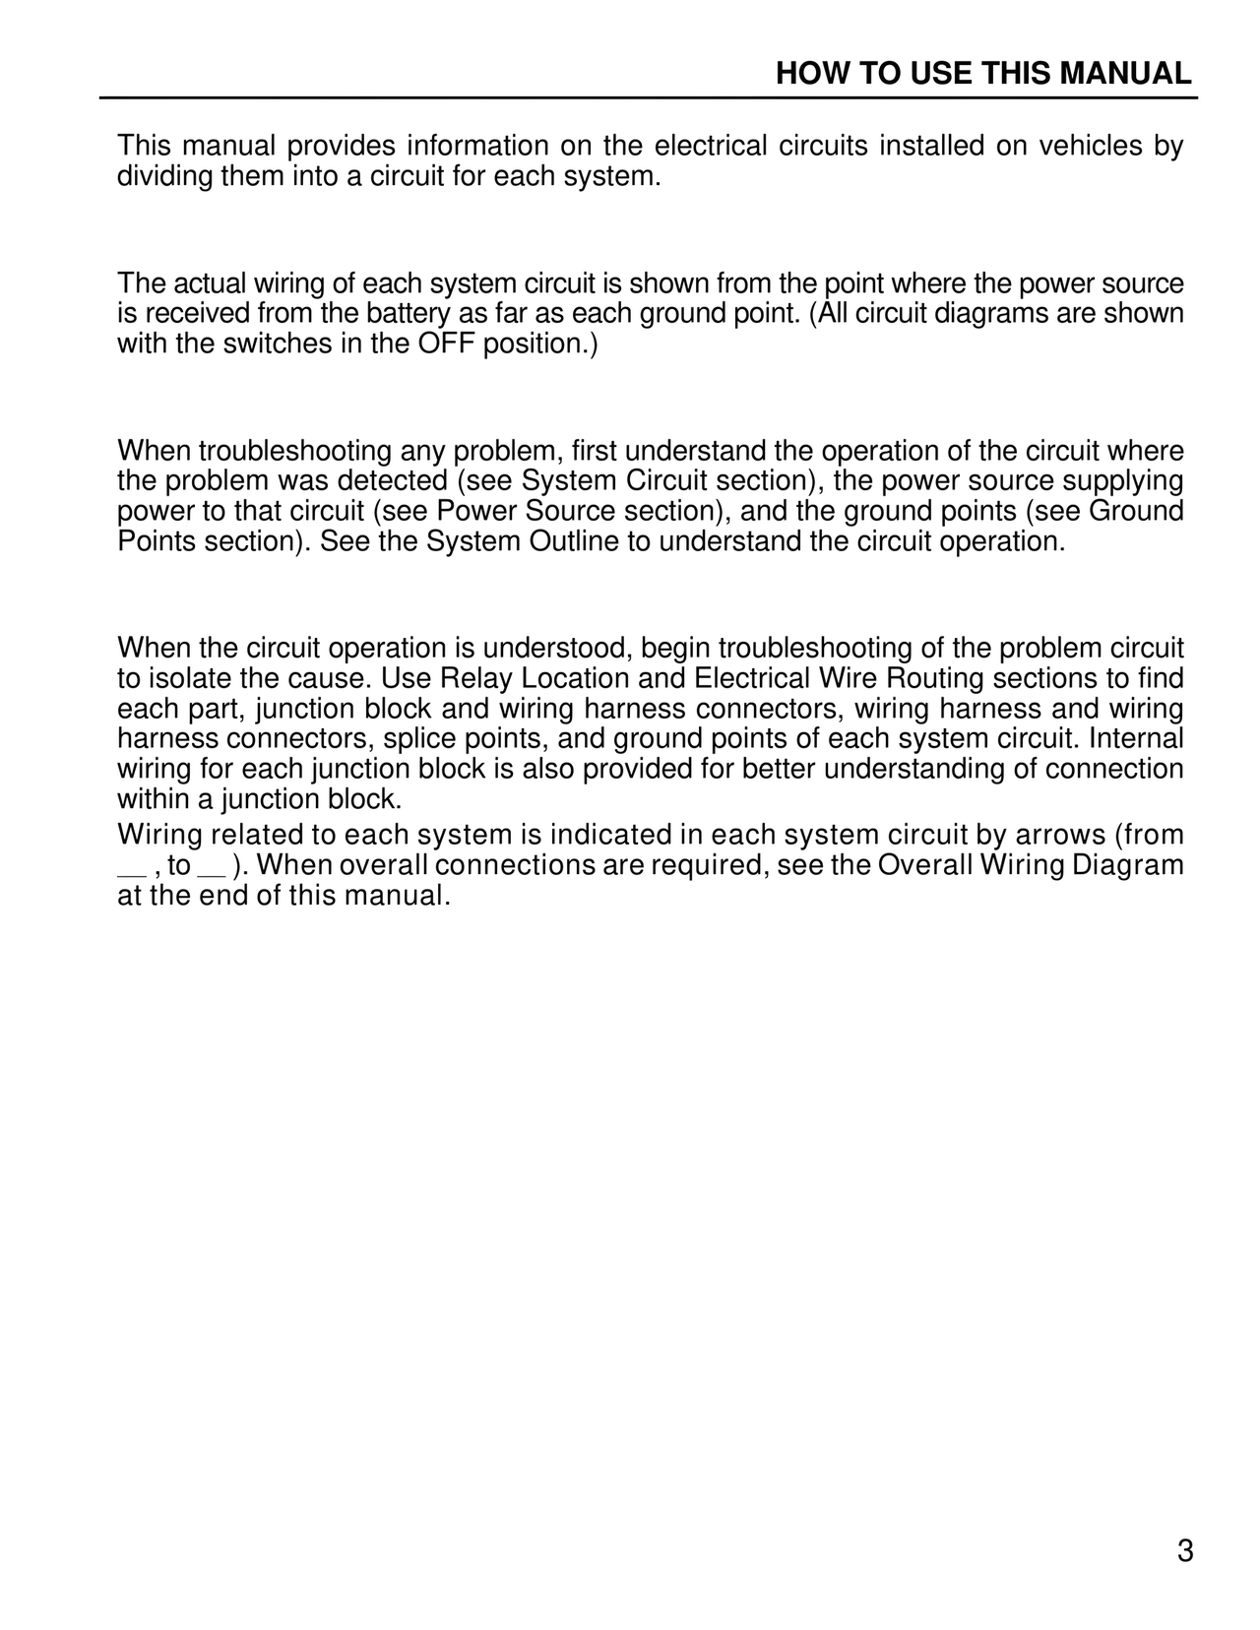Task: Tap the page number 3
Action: click(1185, 1552)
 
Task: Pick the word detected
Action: click(393, 481)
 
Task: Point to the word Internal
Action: click(1136, 739)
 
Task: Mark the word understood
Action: click(556, 649)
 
